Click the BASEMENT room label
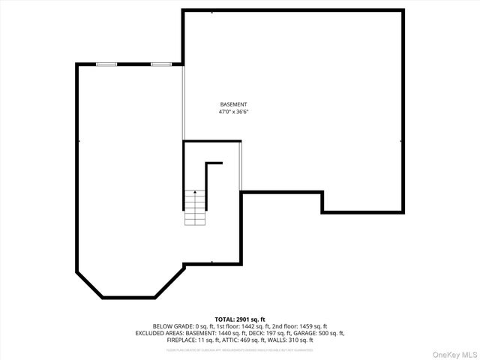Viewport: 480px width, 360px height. tap(233, 104)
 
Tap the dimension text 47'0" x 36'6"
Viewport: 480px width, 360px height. tap(233, 112)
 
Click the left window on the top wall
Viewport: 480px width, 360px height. tap(106, 64)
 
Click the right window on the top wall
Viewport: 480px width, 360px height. tap(161, 64)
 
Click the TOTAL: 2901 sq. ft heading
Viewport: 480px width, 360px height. tap(240, 319)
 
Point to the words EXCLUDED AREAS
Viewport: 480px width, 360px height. tap(160, 333)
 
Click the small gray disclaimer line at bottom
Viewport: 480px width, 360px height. tap(240, 349)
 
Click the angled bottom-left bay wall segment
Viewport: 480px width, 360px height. tap(89, 284)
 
